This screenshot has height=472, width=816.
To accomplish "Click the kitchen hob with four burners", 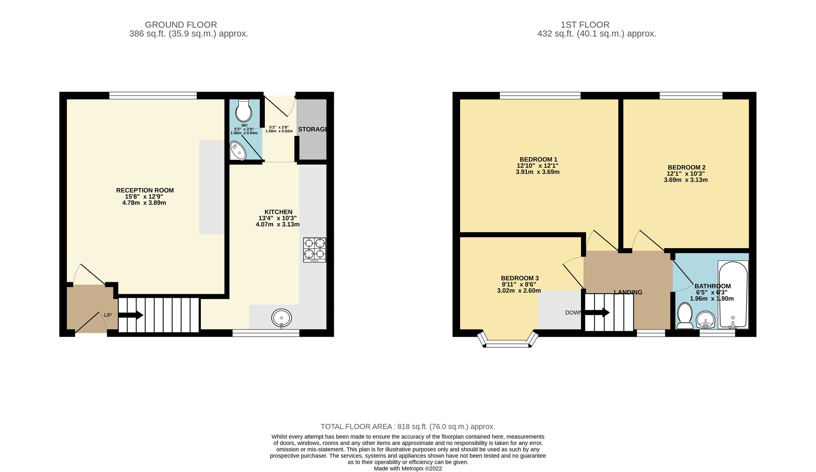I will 314,250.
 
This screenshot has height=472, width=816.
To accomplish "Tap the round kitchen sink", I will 281,318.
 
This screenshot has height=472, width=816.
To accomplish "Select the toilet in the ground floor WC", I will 243,111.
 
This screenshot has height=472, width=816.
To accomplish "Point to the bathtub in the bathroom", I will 733,294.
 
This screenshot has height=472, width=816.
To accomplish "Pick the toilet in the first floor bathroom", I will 685,316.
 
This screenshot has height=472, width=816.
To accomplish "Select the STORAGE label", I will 313,129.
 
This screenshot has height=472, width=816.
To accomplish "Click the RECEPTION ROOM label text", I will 145,190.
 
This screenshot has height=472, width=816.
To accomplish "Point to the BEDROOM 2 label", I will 686,167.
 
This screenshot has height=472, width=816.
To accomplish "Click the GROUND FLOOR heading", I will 181,25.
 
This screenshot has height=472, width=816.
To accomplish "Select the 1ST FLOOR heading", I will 585,25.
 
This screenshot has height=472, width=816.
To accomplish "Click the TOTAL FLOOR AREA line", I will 408,426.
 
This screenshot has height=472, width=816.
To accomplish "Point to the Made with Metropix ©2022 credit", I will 408,469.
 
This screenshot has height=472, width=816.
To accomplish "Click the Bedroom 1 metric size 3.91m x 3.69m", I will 538,172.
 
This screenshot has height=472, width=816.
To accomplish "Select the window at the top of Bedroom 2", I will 691,96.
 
